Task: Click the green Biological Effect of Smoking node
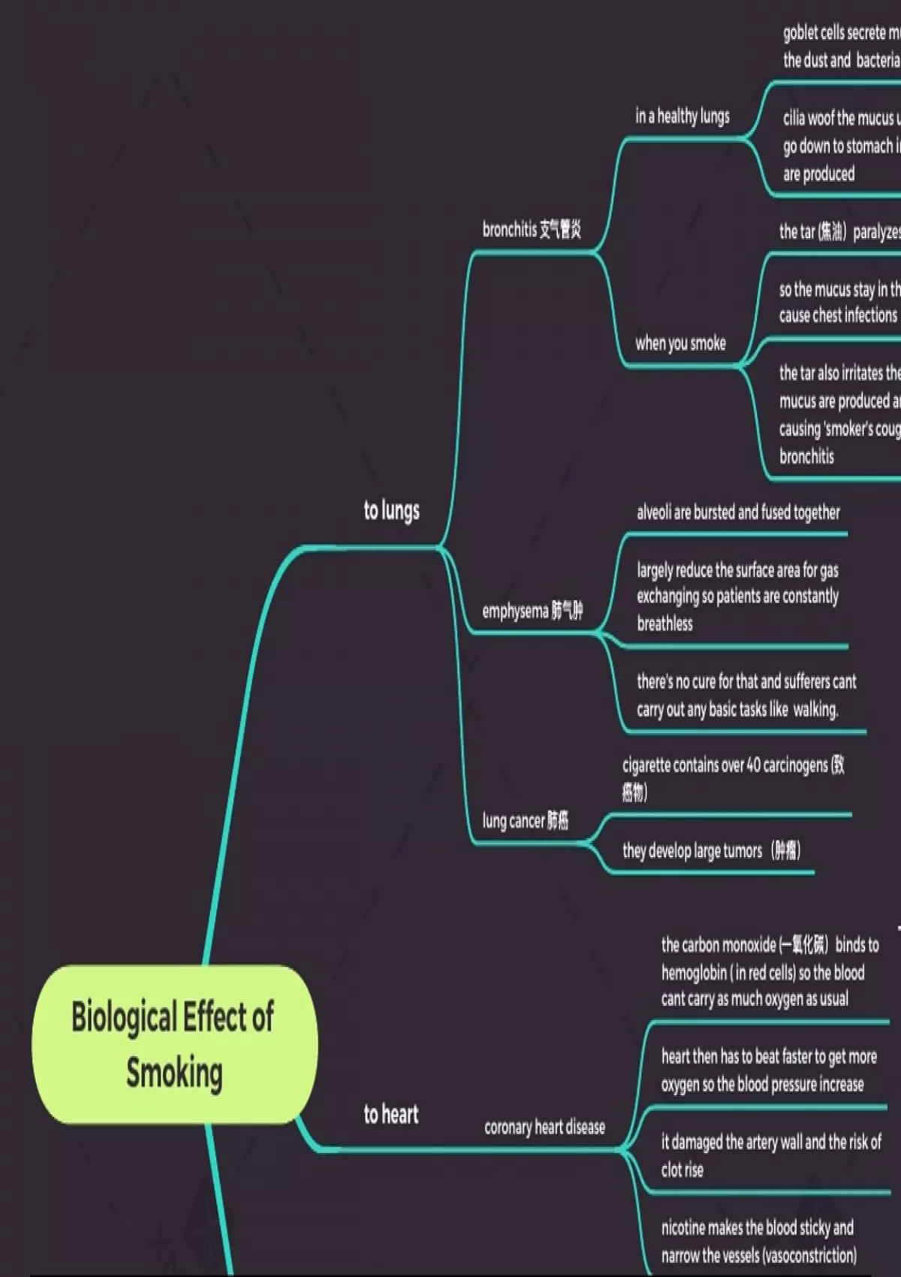tap(174, 1044)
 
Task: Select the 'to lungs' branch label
tap(391, 511)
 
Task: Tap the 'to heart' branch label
tap(390, 1114)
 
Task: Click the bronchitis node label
tap(532, 229)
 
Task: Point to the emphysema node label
tap(532, 611)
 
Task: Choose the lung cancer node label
tap(525, 820)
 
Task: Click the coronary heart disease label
tap(544, 1127)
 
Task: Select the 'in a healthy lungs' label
tap(683, 116)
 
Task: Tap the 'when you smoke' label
tap(680, 343)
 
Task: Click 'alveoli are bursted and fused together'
tap(738, 512)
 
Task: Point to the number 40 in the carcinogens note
tap(753, 765)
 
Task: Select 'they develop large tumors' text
tap(692, 851)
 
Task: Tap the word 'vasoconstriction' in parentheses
tap(808, 1255)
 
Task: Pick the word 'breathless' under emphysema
tap(664, 623)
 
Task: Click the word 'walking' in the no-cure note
tap(815, 709)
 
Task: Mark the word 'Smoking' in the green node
tap(174, 1073)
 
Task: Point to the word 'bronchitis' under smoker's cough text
tap(806, 457)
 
